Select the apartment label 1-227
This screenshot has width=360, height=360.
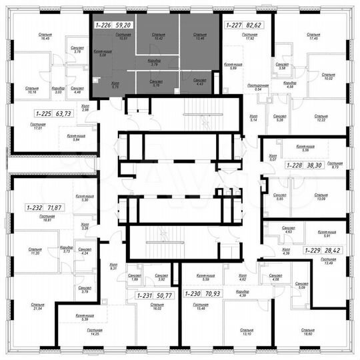(233, 25)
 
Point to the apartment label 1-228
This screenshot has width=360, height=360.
(295, 163)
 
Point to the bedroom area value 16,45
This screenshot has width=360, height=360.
(27, 40)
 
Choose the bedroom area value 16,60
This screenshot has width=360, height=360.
(307, 334)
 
